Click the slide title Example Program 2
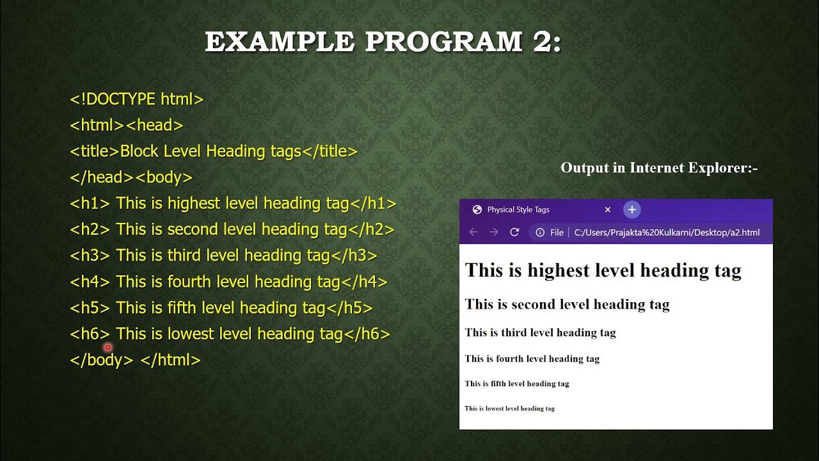[383, 42]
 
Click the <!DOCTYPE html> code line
[136, 99]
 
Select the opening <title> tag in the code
[95, 152]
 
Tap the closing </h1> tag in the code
[373, 204]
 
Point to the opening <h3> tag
[90, 255]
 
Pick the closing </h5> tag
[349, 308]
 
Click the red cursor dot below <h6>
[107, 347]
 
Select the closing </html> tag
[170, 360]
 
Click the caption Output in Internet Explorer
[659, 168]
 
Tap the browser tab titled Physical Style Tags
[518, 210]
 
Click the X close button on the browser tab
[608, 210]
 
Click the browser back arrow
[473, 232]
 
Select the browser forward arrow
[494, 232]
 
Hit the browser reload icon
[514, 232]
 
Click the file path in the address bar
[667, 232]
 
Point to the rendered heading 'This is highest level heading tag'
[603, 270]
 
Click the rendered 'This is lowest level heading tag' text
[509, 408]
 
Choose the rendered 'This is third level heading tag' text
[540, 332]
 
